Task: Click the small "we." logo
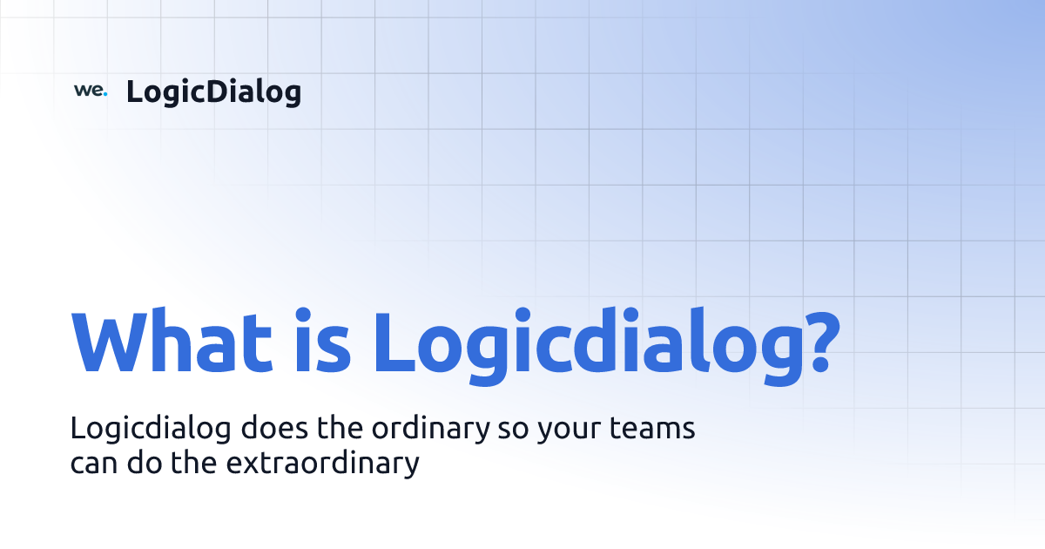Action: tap(90, 91)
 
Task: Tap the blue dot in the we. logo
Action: tap(104, 94)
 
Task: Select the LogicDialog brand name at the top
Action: tap(213, 91)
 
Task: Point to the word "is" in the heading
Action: tap(321, 341)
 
